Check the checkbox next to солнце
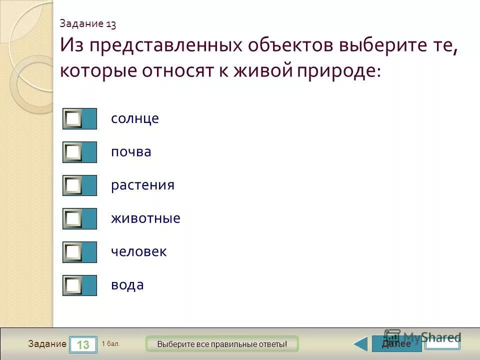[73, 118]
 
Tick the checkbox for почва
[73, 152]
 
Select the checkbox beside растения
[73, 185]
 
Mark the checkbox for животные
[73, 218]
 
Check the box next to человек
[73, 252]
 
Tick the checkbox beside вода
[73, 285]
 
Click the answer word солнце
[135, 119]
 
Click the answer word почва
[131, 152]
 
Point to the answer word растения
[142, 185]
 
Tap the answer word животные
[145, 218]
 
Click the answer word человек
[138, 252]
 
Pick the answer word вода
[127, 285]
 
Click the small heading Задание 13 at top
[88, 23]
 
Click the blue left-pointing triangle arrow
[360, 344]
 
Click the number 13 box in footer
[83, 344]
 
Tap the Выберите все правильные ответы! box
[222, 344]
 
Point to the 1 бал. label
[111, 343]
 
